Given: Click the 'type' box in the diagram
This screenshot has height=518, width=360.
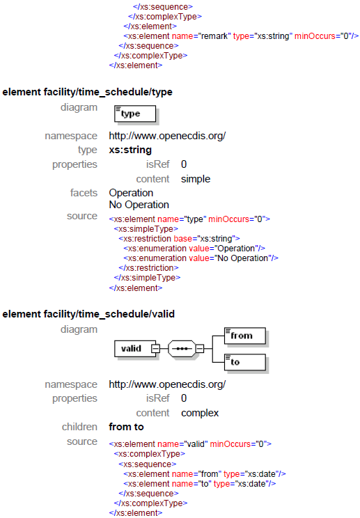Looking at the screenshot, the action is click(x=135, y=114).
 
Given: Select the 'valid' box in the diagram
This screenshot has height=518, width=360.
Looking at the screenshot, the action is click(x=135, y=349).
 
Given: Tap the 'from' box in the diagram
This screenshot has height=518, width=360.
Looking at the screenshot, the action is click(x=245, y=336).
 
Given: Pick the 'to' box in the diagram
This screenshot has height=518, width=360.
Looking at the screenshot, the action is click(x=245, y=362).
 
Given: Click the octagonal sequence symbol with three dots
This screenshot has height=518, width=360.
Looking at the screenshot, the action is click(x=182, y=349).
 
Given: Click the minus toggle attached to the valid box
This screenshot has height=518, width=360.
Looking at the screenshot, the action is click(x=155, y=349).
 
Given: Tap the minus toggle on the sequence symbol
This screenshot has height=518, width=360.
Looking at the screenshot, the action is click(x=199, y=349).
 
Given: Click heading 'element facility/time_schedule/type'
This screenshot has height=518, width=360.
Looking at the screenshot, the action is click(x=88, y=92).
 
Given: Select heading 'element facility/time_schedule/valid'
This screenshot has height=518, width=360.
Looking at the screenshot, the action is click(x=88, y=314).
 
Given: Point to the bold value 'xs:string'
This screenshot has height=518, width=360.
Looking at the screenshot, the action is click(x=130, y=150).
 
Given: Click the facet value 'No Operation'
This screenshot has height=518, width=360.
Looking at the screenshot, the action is click(x=139, y=205).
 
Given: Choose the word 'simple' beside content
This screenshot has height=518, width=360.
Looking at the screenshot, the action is click(x=196, y=179).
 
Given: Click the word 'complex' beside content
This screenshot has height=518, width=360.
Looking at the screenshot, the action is click(x=200, y=413).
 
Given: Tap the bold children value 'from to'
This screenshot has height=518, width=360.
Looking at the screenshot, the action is click(x=126, y=427).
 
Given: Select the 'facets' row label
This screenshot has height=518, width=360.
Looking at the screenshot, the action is click(x=84, y=193).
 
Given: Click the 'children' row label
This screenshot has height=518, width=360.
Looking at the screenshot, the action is click(x=79, y=427).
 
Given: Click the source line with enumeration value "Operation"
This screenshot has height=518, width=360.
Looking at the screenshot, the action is click(x=194, y=249).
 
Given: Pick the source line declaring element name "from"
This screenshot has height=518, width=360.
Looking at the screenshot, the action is click(x=205, y=474).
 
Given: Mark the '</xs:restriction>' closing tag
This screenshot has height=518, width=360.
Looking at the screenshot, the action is click(x=148, y=268).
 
